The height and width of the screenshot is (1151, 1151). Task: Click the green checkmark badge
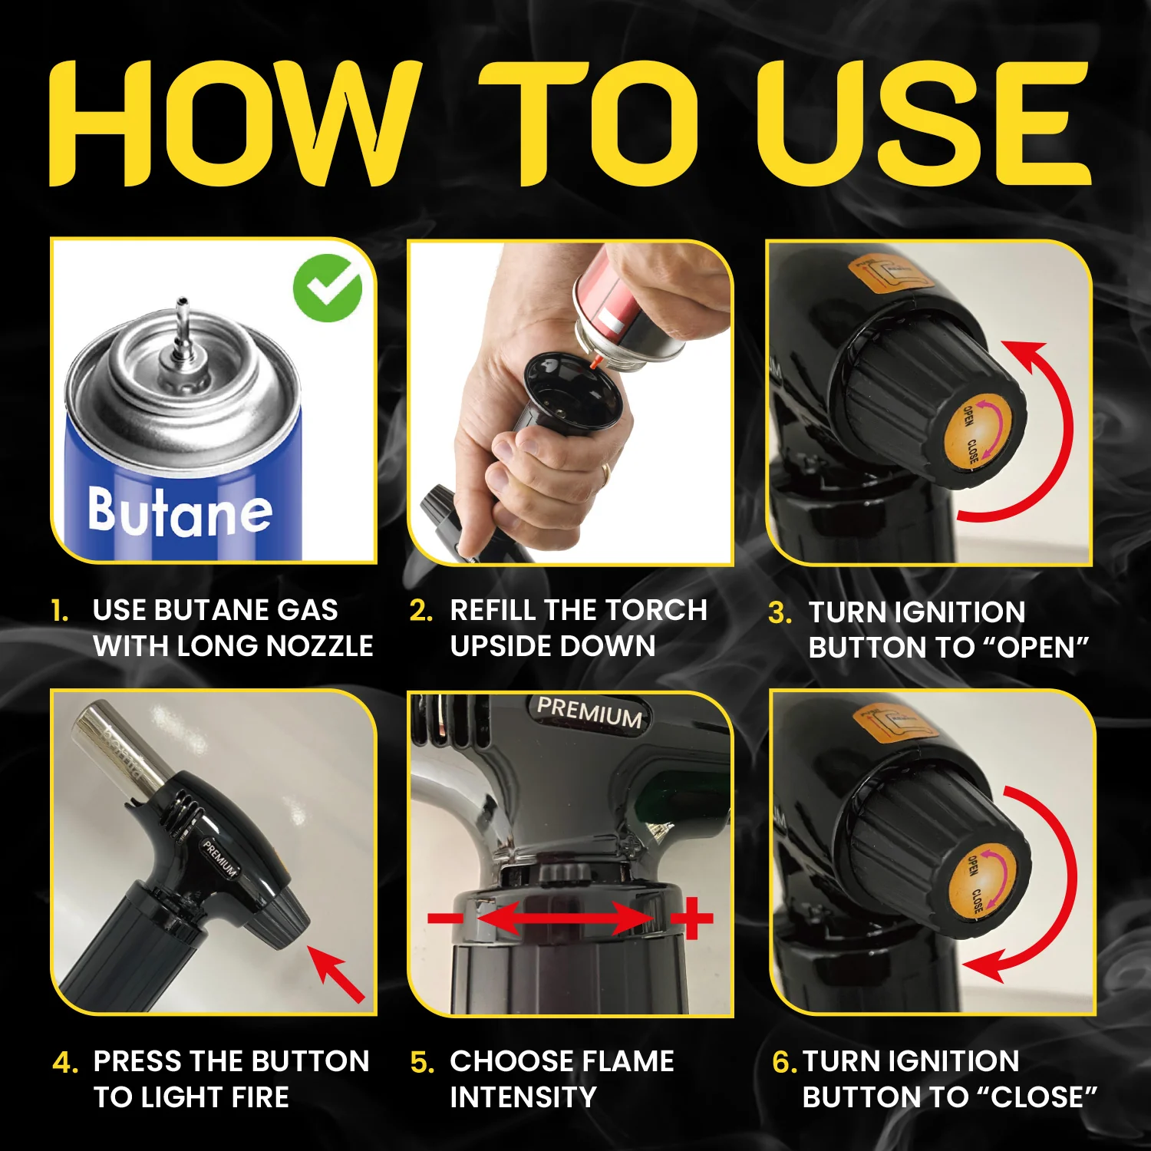(328, 288)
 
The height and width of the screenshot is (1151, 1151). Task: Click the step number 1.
(60, 612)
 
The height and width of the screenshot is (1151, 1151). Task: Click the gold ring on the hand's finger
(605, 473)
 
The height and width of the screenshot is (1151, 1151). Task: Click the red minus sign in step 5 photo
(445, 918)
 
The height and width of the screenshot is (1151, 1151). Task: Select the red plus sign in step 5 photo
(692, 917)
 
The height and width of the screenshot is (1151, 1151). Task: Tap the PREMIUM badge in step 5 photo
(589, 712)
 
